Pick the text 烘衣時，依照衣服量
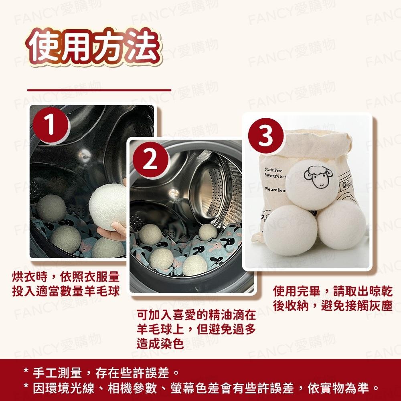click(x=65, y=277)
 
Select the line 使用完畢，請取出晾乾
click(x=332, y=291)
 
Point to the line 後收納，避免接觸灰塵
click(x=332, y=305)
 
